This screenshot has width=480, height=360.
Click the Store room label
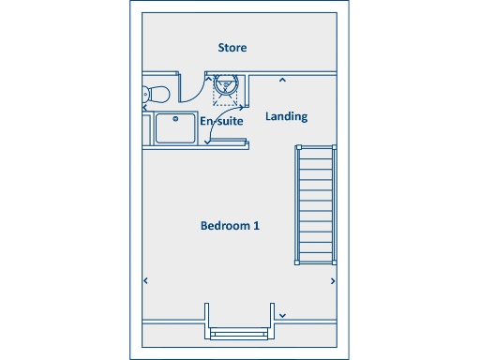pos(232,48)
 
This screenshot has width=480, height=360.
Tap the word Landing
pos(286,117)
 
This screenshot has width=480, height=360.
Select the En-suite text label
pos(221,122)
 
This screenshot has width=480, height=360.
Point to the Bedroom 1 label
pos(230,226)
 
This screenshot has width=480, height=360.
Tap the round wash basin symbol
pos(226,86)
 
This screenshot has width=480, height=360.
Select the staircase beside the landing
pos(316,204)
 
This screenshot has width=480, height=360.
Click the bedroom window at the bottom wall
pos(240,333)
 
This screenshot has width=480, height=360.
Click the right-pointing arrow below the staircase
pos(334,279)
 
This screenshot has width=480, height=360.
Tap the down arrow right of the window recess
pos(282,315)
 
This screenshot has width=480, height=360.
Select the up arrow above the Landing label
pos(282,81)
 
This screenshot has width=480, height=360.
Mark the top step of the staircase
pos(316,152)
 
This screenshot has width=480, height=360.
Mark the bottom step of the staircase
pos(316,258)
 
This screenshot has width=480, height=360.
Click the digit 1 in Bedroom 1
pos(256,226)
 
